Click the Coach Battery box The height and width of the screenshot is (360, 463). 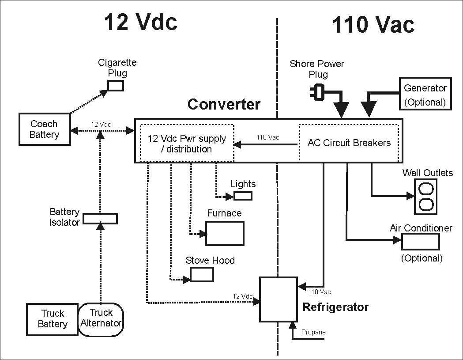pos(45,129)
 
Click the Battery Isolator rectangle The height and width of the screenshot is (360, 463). pos(100,218)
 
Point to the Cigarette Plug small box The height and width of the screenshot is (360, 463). pos(116,85)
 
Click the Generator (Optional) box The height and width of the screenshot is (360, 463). pos(425,94)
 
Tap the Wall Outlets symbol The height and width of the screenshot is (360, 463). pos(426,197)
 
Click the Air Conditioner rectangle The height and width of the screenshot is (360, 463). pos(420,242)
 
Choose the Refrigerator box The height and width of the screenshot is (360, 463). pos(278,299)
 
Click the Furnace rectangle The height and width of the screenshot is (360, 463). pos(225,233)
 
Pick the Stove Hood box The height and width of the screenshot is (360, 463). pos(202,274)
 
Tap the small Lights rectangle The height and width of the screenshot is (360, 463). pos(243,196)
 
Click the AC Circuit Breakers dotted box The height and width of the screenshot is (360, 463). pos(349,143)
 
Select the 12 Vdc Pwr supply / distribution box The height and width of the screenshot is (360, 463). pos(187,144)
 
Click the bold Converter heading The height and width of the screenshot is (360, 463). pos(224,105)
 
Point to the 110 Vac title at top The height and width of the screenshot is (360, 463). pos(373,25)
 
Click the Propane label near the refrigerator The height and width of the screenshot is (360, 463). pos(313,332)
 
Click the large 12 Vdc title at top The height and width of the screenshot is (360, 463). pos(140,22)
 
